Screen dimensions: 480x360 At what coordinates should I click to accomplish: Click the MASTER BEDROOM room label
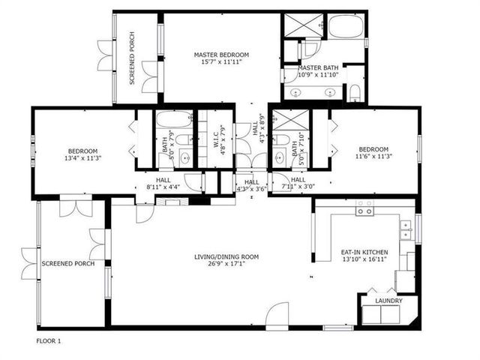tap(221, 55)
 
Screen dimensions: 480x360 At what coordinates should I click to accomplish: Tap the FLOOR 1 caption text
tap(49, 341)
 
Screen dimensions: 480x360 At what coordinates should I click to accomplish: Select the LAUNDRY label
tap(388, 301)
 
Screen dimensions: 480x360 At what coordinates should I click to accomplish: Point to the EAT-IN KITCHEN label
tap(364, 252)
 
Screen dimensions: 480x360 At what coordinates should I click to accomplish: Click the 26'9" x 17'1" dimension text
tap(226, 264)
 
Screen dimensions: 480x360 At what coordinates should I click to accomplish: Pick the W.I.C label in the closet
tap(216, 139)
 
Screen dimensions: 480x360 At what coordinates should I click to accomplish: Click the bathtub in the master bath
tap(346, 26)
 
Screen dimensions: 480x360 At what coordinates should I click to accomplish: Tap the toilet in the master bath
tap(355, 93)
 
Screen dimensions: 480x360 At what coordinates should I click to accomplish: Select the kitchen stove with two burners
tap(364, 208)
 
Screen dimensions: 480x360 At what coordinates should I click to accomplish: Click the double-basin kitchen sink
tap(406, 230)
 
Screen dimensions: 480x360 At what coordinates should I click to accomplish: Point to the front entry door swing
tap(277, 315)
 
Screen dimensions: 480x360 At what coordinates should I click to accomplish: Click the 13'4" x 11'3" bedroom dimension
tap(83, 158)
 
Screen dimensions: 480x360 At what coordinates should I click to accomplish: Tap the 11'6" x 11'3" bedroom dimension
tap(373, 156)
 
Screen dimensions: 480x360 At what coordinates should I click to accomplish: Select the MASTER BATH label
tap(318, 67)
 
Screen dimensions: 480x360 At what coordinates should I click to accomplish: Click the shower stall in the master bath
tap(304, 25)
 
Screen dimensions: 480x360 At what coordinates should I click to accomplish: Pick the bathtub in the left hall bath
tap(174, 119)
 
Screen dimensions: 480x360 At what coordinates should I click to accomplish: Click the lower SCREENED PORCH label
tap(68, 263)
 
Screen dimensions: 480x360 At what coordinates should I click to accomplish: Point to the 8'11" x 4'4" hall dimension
tap(163, 187)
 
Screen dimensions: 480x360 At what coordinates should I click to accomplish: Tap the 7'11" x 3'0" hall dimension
tap(298, 187)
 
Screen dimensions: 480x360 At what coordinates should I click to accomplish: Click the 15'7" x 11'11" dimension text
tap(221, 62)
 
